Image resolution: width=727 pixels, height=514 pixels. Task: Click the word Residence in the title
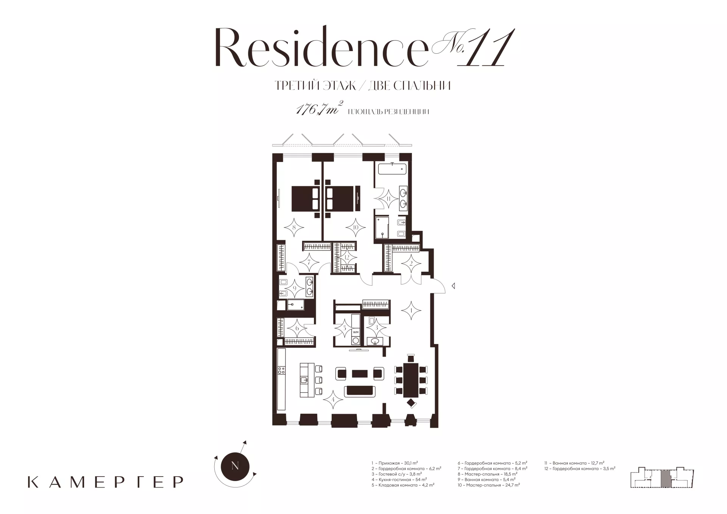tap(320, 48)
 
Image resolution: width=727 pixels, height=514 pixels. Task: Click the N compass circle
tap(235, 466)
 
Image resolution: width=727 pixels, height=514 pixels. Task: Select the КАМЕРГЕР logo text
tap(106, 482)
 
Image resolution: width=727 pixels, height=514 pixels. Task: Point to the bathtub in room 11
tap(392, 169)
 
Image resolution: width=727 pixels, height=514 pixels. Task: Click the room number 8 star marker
tap(294, 228)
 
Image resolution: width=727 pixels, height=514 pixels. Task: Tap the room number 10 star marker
tap(356, 228)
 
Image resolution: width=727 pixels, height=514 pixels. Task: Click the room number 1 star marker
tap(411, 311)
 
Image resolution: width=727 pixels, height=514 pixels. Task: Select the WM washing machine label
tap(356, 332)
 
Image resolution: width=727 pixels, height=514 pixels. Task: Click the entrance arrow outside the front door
tap(453, 286)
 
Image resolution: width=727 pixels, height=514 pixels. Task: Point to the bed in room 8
tap(306, 198)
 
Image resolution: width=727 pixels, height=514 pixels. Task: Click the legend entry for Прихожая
tap(395, 463)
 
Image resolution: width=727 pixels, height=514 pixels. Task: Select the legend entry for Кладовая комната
tap(403, 485)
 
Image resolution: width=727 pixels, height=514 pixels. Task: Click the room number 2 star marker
tap(411, 264)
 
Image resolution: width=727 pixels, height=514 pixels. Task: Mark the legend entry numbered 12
tap(580, 468)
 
